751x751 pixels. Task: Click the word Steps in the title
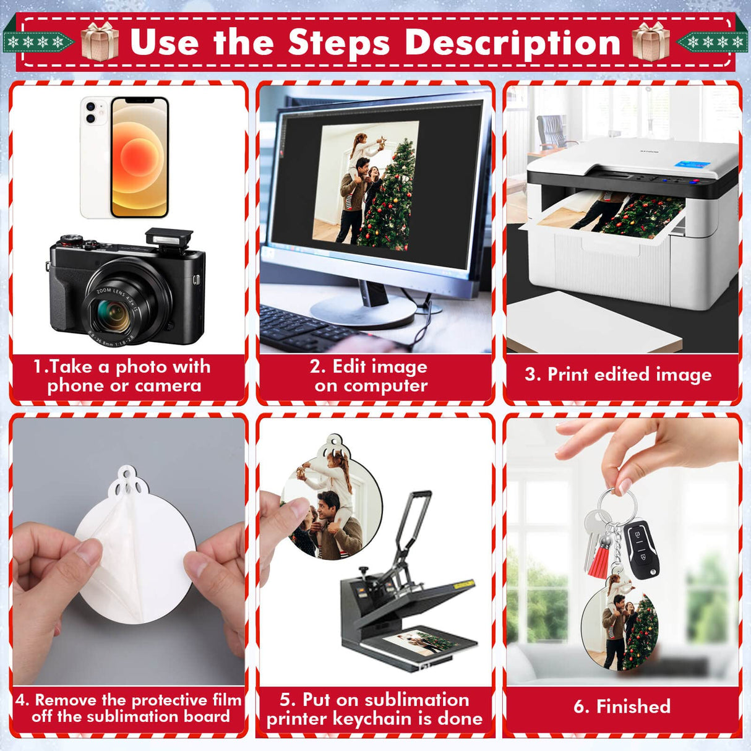[x=338, y=43]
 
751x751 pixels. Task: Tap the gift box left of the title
[x=100, y=41]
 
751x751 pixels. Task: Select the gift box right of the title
[x=650, y=41]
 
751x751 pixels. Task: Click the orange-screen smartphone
[x=140, y=157]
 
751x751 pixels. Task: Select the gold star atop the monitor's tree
[x=382, y=142]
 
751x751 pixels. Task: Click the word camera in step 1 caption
[x=168, y=386]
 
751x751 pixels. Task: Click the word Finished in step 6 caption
[x=633, y=706]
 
